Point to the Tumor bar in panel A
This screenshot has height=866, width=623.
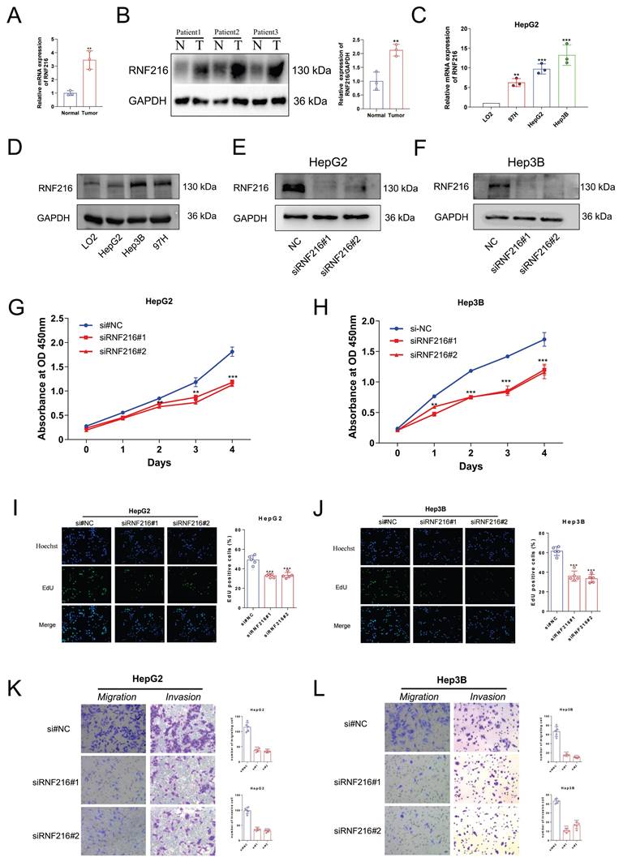coord(90,79)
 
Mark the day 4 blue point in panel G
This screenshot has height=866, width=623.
coord(232,351)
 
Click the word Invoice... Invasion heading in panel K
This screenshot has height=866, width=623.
coord(183,697)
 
